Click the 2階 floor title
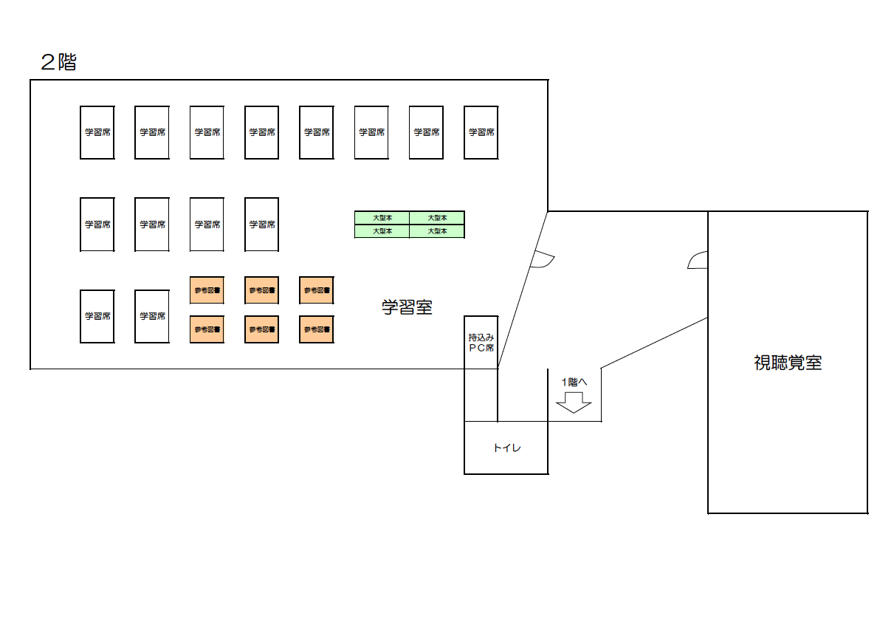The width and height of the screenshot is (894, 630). click(58, 63)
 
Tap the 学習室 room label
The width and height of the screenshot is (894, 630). click(407, 307)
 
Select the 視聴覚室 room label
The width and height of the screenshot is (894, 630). click(788, 363)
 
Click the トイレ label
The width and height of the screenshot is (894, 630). click(506, 448)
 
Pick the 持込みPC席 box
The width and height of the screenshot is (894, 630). click(481, 342)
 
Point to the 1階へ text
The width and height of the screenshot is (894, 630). click(574, 383)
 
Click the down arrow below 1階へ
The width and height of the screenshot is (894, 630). click(574, 403)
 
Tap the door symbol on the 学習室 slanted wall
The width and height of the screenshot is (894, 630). click(543, 259)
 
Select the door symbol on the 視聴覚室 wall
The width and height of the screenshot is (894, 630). click(698, 261)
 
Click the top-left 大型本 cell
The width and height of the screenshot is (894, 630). click(382, 218)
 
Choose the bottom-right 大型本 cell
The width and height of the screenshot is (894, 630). click(437, 231)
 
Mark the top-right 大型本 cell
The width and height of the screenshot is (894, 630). click(437, 218)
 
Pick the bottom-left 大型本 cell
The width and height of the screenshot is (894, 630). click(382, 231)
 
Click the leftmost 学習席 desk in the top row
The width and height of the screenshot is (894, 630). click(97, 132)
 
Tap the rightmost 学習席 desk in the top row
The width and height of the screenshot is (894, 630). click(481, 132)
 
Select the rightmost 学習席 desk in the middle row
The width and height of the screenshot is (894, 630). click(261, 225)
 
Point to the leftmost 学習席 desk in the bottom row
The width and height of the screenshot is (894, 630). click(97, 316)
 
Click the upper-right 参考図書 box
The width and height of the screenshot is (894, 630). click(316, 290)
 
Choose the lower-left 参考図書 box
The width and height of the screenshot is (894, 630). click(207, 329)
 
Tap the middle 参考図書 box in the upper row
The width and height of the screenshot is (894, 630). click(261, 290)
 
